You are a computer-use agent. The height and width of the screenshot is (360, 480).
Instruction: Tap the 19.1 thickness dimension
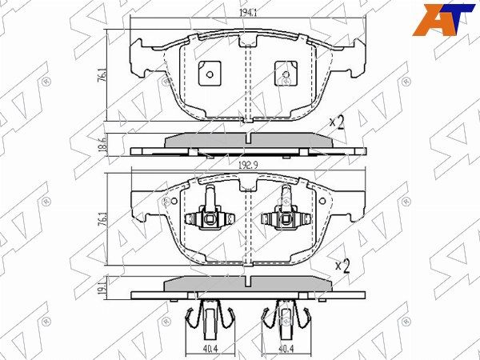[x=103, y=288]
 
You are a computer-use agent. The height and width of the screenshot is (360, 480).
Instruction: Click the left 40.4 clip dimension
[x=210, y=349]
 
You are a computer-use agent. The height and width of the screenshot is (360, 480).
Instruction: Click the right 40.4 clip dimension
[x=286, y=349]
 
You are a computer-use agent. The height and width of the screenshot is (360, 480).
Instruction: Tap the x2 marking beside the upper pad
[x=337, y=123]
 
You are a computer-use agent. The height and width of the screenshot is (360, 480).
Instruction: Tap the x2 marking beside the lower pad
[x=342, y=266]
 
